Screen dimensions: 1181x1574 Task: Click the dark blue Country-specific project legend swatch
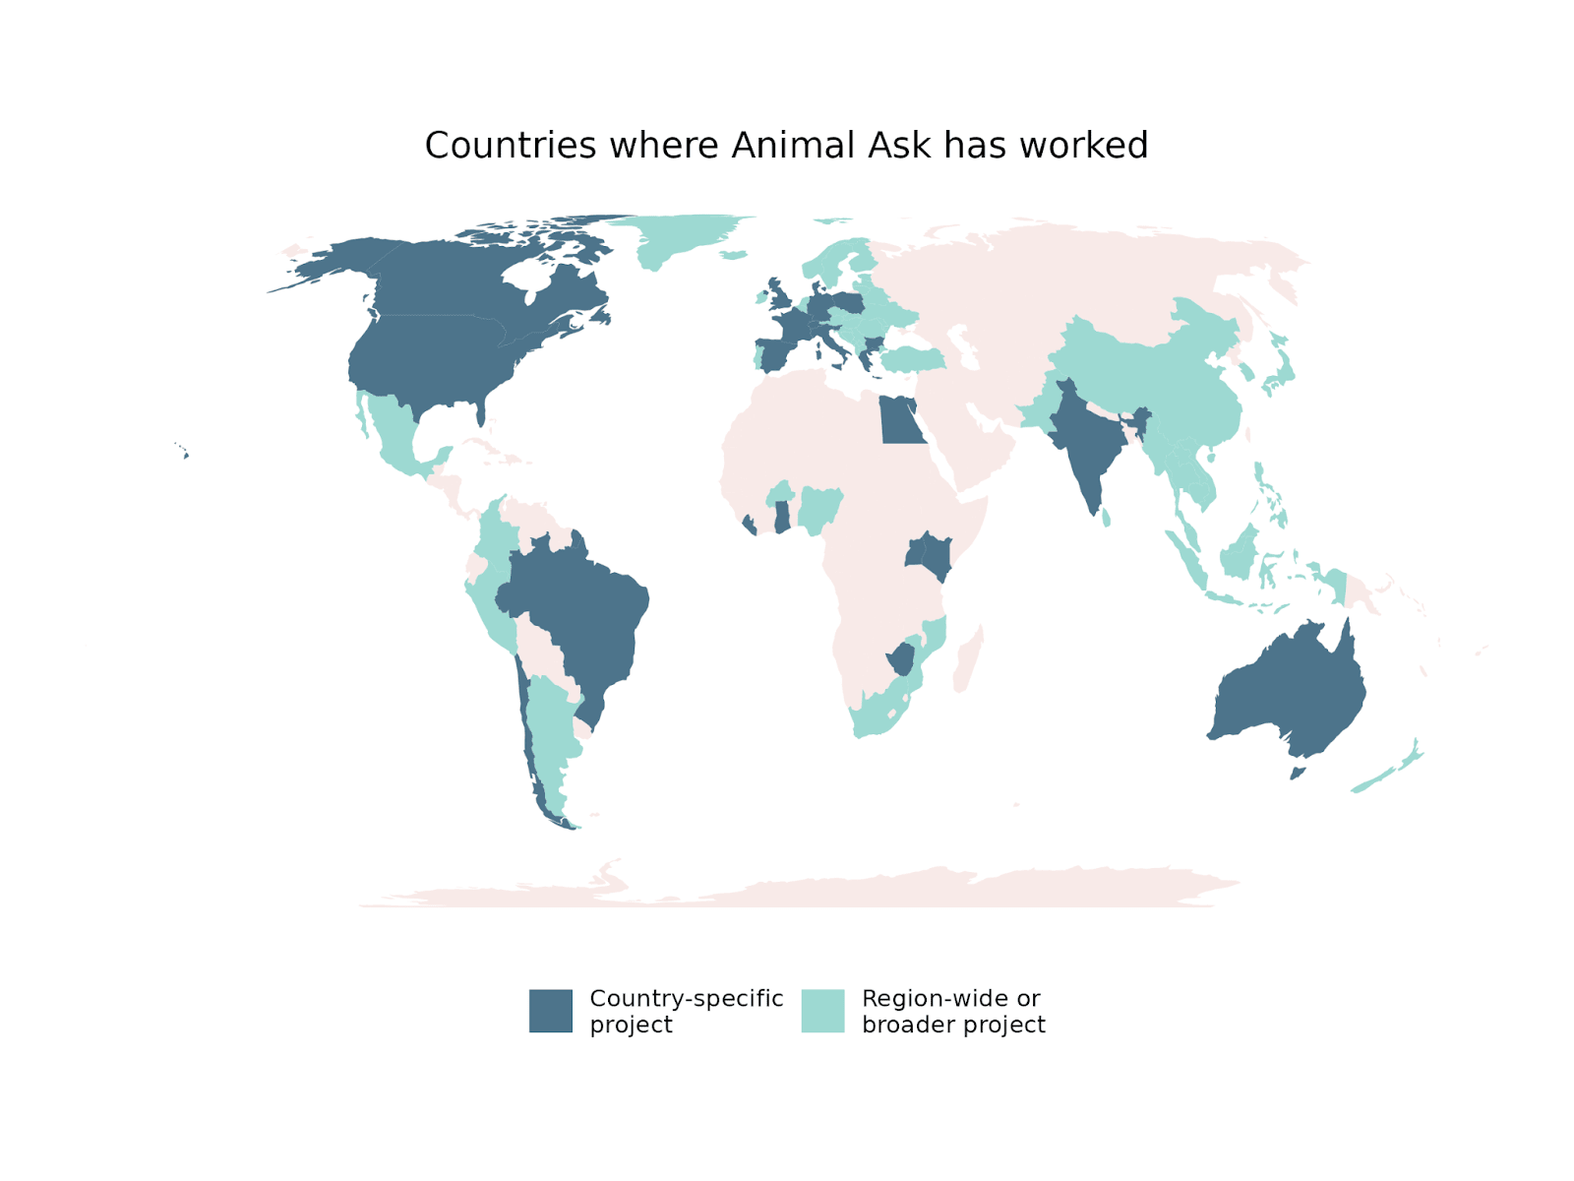point(550,1011)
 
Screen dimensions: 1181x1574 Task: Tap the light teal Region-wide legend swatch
point(822,1011)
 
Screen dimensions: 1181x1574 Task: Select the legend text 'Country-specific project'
point(686,1011)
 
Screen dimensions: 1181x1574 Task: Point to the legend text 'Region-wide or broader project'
point(952,1011)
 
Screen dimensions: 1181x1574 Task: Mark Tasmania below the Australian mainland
point(1298,773)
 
